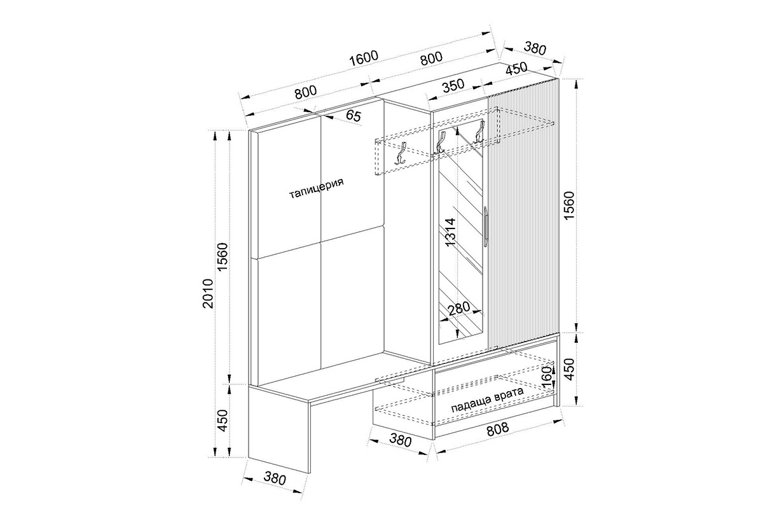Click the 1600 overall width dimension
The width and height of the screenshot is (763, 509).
[364, 59]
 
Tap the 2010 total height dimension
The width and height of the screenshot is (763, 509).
[207, 293]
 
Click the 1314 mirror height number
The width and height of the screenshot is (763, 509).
[450, 232]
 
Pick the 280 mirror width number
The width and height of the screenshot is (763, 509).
[458, 309]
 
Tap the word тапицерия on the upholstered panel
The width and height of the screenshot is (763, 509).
[317, 188]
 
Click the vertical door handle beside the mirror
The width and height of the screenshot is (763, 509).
[486, 225]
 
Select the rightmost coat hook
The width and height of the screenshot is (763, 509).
[479, 132]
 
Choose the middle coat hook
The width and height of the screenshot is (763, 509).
[440, 142]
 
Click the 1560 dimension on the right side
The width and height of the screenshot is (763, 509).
[570, 206]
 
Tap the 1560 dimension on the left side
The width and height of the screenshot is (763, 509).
[223, 256]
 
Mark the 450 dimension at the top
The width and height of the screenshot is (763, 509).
[516, 69]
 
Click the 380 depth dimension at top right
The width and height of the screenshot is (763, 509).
[535, 48]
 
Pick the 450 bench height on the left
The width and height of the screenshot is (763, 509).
[223, 421]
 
